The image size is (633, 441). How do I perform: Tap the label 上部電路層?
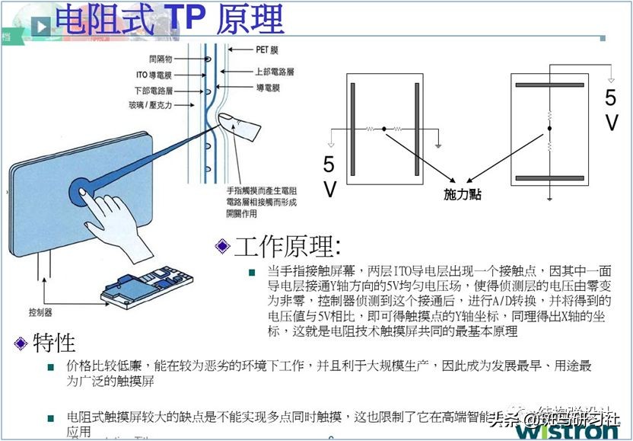click(x=273, y=72)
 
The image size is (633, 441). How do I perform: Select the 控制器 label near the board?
click(x=40, y=313)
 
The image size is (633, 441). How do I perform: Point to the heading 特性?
click(x=54, y=344)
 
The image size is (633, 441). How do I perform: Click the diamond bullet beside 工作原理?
click(x=222, y=247)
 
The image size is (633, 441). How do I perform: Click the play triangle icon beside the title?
click(x=42, y=24)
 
